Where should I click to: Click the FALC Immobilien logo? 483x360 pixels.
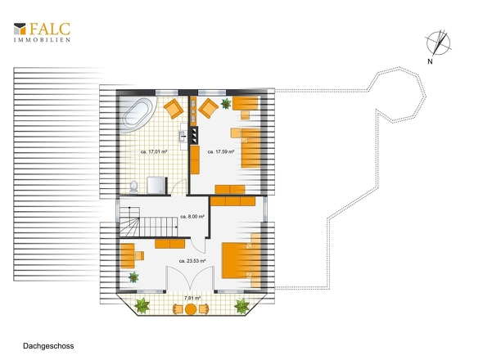tap(42, 32)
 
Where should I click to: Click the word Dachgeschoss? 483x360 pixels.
tap(48, 346)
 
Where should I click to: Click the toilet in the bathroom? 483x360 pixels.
tap(133, 187)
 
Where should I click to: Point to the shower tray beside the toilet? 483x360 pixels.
tap(156, 186)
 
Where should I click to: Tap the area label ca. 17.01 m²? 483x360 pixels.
tap(154, 152)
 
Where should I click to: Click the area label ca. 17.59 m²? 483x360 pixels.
tap(221, 152)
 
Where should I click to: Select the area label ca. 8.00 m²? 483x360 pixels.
tap(192, 217)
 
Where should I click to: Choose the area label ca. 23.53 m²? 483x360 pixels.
tap(192, 261)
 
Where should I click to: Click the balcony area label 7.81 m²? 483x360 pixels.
tap(192, 298)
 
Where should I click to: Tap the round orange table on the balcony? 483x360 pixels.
tap(191, 309)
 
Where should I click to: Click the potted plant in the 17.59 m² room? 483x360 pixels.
tap(226, 104)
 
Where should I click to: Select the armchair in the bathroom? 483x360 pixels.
tap(174, 108)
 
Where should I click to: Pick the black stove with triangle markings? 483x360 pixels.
tap(194, 135)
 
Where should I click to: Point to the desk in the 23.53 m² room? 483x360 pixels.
tap(127, 256)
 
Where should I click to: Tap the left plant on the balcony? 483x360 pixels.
tap(142, 306)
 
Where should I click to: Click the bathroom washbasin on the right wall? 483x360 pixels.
tap(183, 137)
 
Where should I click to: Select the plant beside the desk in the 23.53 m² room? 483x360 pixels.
tap(133, 277)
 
